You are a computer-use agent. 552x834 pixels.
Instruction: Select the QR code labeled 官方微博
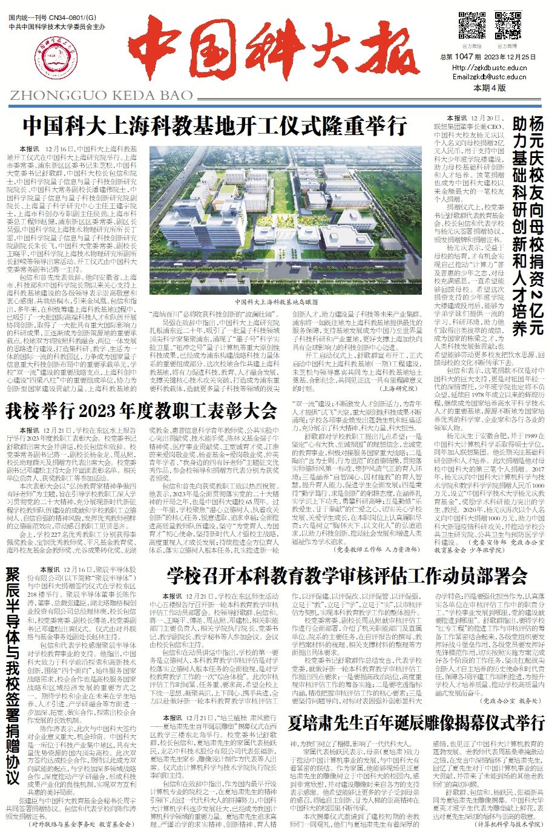[507, 25]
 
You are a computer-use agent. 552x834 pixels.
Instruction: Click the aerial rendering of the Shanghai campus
[285, 220]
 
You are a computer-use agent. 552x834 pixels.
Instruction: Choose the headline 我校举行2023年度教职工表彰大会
[142, 412]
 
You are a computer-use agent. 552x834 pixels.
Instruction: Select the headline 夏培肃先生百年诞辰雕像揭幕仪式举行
[417, 723]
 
